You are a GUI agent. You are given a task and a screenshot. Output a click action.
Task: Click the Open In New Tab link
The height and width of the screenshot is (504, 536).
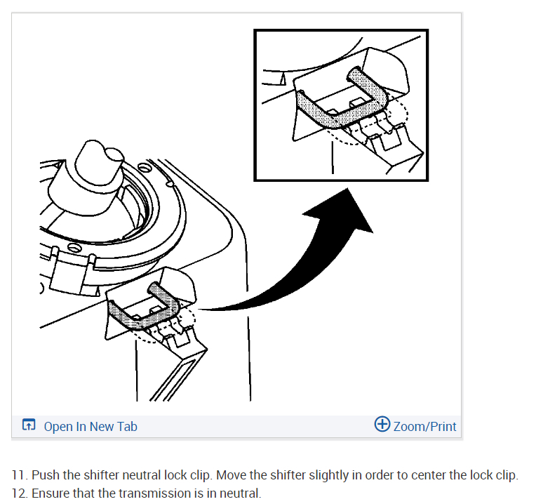point(91,426)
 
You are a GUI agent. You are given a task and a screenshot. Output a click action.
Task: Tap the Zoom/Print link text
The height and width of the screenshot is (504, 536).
point(424,426)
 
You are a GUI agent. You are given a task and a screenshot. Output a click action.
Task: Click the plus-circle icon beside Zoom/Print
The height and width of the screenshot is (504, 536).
point(382,424)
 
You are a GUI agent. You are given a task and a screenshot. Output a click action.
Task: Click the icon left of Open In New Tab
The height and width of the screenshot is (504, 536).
point(29,425)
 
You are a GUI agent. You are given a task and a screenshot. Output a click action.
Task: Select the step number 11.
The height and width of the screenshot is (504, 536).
point(20,475)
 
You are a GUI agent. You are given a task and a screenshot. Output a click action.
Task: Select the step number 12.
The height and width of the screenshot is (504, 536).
point(20,493)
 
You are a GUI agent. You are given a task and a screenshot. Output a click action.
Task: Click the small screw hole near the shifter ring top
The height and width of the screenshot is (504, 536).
point(145,168)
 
